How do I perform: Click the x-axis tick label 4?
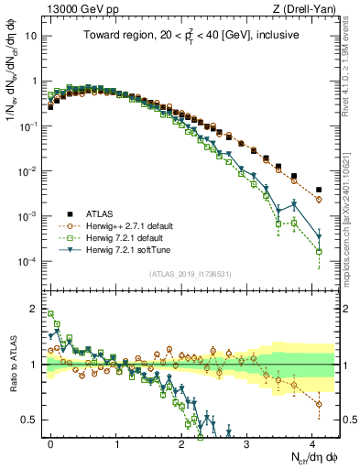312,442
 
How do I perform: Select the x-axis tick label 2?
181,442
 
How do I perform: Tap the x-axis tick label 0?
50,442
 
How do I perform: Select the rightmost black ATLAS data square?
318,190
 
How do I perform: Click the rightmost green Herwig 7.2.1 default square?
318,251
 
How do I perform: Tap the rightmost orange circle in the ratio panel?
318,403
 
